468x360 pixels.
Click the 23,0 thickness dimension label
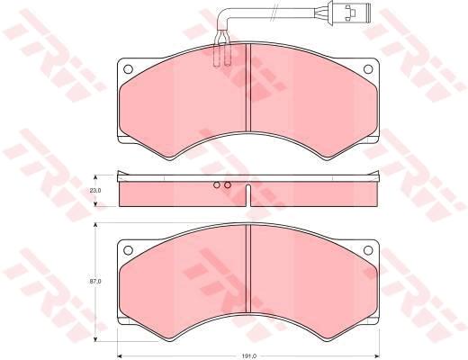[x=95, y=190]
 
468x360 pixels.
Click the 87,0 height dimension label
[x=95, y=282]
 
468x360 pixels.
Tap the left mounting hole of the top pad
[x=128, y=69]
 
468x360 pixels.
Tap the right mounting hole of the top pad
[x=368, y=69]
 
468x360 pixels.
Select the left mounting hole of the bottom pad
[x=128, y=250]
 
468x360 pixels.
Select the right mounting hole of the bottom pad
[x=368, y=250]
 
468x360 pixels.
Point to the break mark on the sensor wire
[x=274, y=13]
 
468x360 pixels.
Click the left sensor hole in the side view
[x=217, y=184]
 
